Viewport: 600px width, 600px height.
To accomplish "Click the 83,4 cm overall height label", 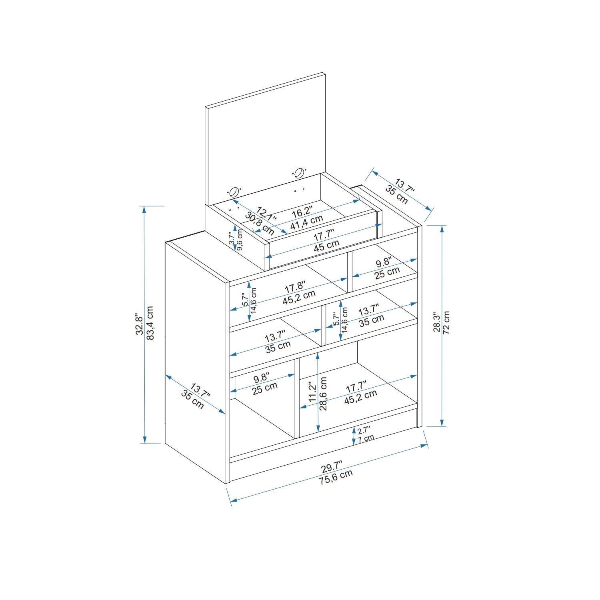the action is [x=150, y=323].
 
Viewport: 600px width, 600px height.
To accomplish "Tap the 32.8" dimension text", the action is [x=139, y=324].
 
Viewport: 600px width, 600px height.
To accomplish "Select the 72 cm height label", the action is [x=447, y=322].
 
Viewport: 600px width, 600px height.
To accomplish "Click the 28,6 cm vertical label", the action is [x=324, y=394].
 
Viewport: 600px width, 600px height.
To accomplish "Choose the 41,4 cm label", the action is [x=306, y=222].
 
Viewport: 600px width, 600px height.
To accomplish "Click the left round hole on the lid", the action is [x=235, y=192].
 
